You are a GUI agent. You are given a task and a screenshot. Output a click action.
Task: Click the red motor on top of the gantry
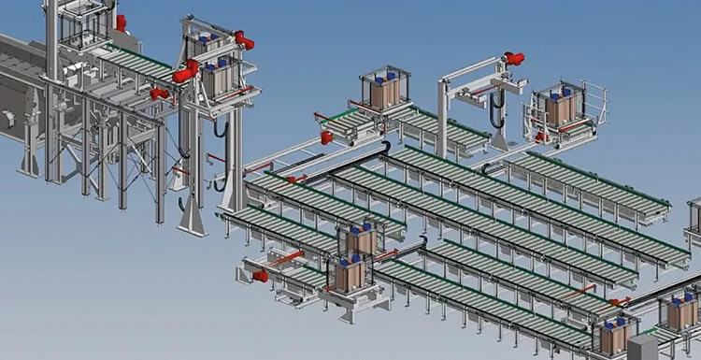[514, 59]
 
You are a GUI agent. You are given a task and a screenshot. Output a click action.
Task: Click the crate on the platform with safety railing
[561, 108]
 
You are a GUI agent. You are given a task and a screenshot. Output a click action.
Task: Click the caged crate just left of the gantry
[385, 91]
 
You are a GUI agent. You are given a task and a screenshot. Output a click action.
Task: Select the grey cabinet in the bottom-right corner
[642, 347]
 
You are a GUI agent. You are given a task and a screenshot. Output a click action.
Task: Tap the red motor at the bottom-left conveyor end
[260, 276]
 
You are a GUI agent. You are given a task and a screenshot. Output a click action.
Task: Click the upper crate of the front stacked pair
[360, 240]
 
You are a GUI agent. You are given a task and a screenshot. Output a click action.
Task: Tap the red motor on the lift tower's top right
[245, 40]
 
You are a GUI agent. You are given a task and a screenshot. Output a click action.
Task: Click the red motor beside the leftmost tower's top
[121, 23]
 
